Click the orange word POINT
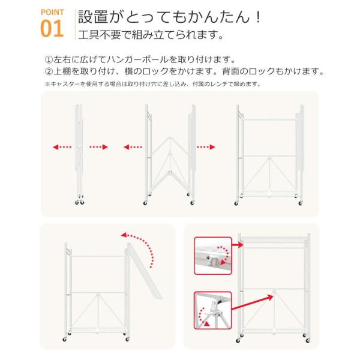coord(52,12)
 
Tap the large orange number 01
coord(52,28)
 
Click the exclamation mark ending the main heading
coord(259,17)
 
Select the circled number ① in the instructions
coord(49,59)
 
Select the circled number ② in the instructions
coord(49,71)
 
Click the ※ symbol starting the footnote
coord(47,84)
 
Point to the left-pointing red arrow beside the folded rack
coord(62,147)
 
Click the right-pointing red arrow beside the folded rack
coord(99,147)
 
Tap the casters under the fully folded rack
coord(79,200)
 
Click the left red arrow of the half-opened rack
coord(133,147)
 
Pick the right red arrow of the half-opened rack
coord(206,147)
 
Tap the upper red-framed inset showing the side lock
coord(213,256)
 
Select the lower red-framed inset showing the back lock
coord(213,310)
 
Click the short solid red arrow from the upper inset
coord(238,245)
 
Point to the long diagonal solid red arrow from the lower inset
coord(253,302)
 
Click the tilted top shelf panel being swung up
coord(144,271)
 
